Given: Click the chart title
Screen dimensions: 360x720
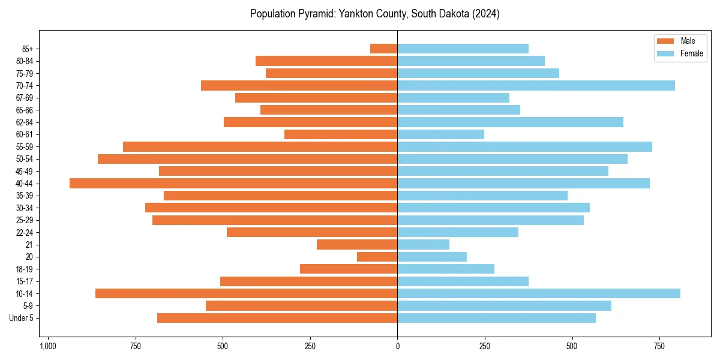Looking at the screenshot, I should pyautogui.click(x=374, y=14).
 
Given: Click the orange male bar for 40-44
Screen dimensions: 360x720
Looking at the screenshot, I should pyautogui.click(x=233, y=183).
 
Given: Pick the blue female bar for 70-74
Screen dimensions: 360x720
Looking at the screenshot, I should pyautogui.click(x=536, y=85).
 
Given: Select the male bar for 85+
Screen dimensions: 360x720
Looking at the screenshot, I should pyautogui.click(x=383, y=49).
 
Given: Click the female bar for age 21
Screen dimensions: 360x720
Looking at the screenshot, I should pyautogui.click(x=423, y=244).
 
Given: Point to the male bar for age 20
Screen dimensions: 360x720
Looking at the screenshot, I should pyautogui.click(x=377, y=257).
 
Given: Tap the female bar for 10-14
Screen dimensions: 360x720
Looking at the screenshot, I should pyautogui.click(x=538, y=293).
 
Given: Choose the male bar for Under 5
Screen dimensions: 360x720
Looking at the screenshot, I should pyautogui.click(x=277, y=318).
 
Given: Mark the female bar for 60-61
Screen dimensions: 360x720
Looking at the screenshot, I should pyautogui.click(x=440, y=134).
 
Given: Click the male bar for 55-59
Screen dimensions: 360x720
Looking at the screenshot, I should pyautogui.click(x=260, y=146).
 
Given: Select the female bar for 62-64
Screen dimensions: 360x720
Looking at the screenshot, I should pyautogui.click(x=510, y=122).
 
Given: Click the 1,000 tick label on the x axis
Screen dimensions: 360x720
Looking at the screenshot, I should pyautogui.click(x=48, y=346).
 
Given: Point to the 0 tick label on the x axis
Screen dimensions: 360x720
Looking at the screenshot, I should pyautogui.click(x=397, y=346).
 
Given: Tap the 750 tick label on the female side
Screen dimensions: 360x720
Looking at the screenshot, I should pyautogui.click(x=659, y=346).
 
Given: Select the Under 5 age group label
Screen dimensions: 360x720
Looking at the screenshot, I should pyautogui.click(x=22, y=318).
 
